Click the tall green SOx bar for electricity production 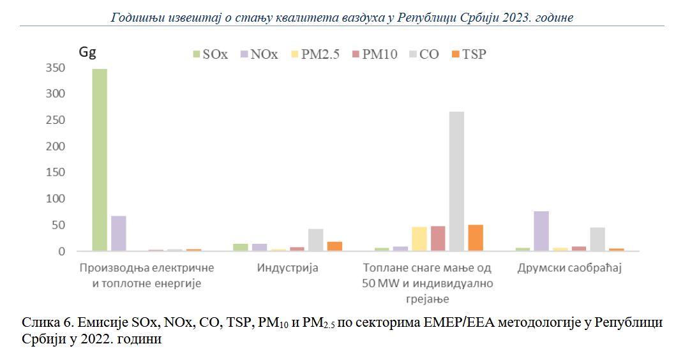tap(100, 160)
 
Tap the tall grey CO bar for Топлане tap(456, 181)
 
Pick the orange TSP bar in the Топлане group tap(475, 237)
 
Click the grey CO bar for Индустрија tap(316, 239)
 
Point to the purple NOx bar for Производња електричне tap(118, 233)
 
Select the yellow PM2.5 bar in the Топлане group tap(419, 239)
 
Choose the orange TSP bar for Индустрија tap(334, 246)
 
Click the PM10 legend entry tap(375, 54)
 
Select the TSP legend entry tap(469, 54)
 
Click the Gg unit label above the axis tap(87, 52)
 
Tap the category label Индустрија tap(287, 267)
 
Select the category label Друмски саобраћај tap(569, 267)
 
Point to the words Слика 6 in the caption tap(44, 323)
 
